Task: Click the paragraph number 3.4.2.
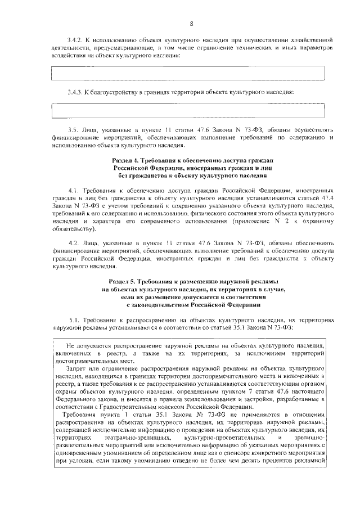click(x=75, y=41)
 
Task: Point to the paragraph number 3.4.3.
click(x=75, y=92)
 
